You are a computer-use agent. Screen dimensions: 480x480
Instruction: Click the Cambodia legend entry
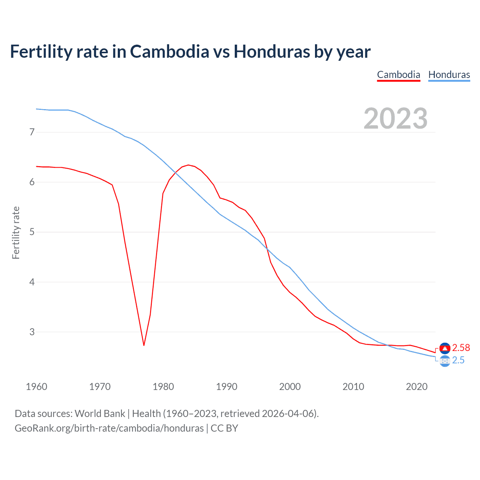point(398,75)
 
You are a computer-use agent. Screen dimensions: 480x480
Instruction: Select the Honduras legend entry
point(449,75)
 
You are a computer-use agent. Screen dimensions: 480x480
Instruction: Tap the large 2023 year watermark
point(396,118)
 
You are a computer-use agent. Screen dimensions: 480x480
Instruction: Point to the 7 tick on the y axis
point(32,132)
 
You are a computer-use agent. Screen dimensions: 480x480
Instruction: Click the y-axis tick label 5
point(32,232)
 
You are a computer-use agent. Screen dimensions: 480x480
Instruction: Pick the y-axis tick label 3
point(32,332)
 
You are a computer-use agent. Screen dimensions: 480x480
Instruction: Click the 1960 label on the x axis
point(36,387)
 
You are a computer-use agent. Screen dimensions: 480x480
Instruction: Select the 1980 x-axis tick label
point(163,387)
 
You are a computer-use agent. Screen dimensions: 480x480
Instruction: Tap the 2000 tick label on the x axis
point(290,387)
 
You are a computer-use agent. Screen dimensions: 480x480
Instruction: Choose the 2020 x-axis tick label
point(417,387)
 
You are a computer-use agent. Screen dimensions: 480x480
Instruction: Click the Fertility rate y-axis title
point(16,232)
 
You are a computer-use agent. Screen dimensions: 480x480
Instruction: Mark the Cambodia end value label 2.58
point(461,348)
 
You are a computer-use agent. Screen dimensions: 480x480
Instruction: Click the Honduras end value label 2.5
point(458,360)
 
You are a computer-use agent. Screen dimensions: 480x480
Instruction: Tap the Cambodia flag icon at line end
point(445,348)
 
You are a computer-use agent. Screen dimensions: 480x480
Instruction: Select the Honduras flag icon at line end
point(445,361)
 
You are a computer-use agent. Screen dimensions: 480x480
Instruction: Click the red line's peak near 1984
point(188,165)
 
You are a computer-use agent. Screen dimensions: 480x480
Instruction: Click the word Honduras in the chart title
point(272,52)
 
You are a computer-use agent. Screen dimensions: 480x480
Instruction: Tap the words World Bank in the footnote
point(100,414)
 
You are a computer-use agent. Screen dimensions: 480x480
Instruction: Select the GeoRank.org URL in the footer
point(109,428)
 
